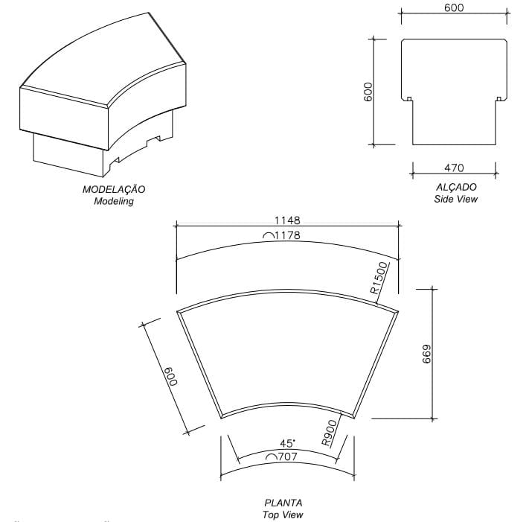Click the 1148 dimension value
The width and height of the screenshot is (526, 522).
coord(286,220)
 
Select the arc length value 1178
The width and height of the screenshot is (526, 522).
coord(292,236)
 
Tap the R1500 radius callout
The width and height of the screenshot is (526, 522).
coord(380,278)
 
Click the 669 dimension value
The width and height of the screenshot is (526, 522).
coord(426,354)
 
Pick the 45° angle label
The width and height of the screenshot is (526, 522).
coord(286,443)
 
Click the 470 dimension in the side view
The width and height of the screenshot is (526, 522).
coord(455,168)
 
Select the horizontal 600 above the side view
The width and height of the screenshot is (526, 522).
coord(454,8)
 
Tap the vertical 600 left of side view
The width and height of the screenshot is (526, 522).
coord(368,92)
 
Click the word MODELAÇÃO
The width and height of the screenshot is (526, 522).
coord(114,190)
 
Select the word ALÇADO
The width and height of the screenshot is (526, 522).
coord(456,187)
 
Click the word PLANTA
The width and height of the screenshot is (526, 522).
coord(283,503)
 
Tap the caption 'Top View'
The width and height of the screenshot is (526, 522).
coord(283,515)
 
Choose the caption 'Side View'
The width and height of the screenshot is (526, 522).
coord(456,199)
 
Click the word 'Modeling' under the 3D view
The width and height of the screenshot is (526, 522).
coord(114,201)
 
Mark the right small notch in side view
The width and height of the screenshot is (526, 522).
coord(498,98)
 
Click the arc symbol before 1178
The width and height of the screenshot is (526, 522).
coord(267,237)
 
